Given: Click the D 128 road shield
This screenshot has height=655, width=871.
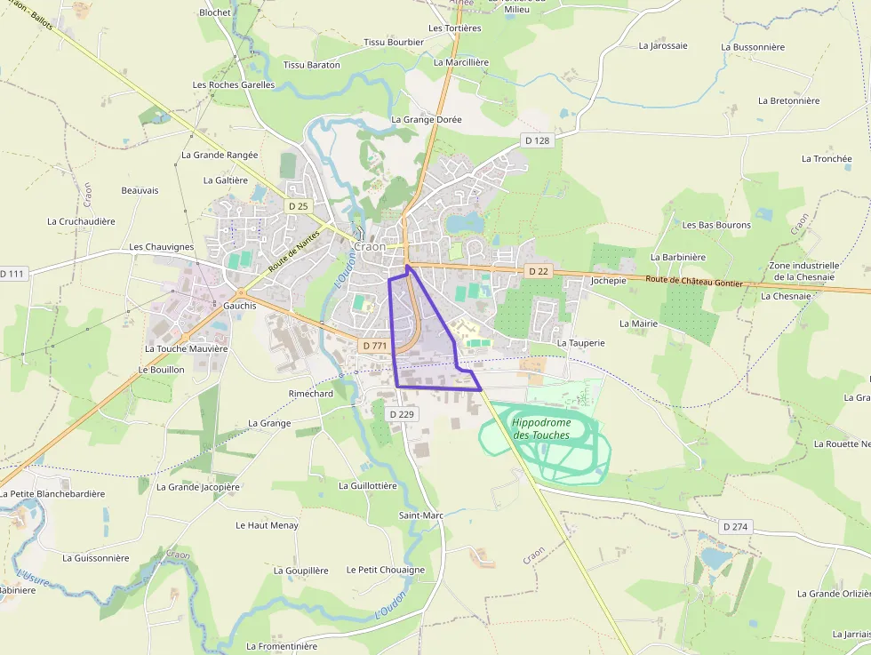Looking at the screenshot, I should pos(537,140).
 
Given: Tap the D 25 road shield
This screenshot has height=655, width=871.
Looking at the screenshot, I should pos(298,206).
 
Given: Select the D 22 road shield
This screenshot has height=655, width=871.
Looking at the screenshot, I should pos(538,270).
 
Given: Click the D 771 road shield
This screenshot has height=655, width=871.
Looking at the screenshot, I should pos(374,345).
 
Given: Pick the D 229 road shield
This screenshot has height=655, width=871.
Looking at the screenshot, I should pos(402,414).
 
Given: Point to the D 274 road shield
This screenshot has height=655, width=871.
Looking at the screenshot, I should pos(736,527).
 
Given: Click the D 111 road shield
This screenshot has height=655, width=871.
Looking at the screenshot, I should pos(12,274).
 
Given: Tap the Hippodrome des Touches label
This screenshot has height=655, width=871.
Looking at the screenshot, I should pos(541,428).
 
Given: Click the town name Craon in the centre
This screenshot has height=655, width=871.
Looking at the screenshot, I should pos(370,246).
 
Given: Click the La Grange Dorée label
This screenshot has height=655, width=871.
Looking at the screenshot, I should pos(427,119).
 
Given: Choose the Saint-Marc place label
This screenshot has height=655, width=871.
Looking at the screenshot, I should pos(420,515).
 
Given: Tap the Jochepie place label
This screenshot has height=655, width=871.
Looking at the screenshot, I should pos(608,280).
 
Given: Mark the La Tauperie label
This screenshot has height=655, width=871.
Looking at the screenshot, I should pos(580,342).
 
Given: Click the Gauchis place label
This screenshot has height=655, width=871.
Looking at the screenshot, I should pos(240,305).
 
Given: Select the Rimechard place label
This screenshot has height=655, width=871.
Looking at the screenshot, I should pos(310,394).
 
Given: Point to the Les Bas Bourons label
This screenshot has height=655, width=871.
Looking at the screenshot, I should pos(716,225).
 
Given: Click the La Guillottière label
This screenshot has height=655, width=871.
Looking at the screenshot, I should pos(367,486).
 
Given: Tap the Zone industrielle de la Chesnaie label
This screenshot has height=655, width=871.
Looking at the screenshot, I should pos(803,271).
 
